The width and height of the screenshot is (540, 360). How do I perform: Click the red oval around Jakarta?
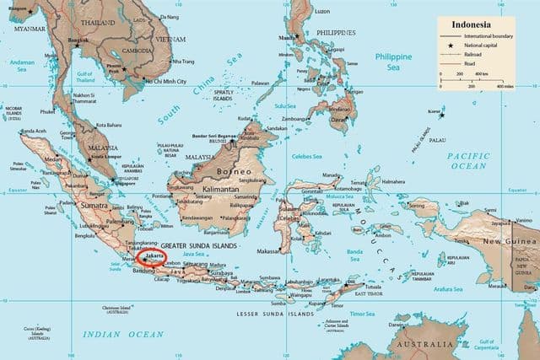click(154, 255)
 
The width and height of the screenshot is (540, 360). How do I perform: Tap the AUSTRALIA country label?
click(443, 346)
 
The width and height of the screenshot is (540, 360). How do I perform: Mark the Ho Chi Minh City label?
click(154, 81)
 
